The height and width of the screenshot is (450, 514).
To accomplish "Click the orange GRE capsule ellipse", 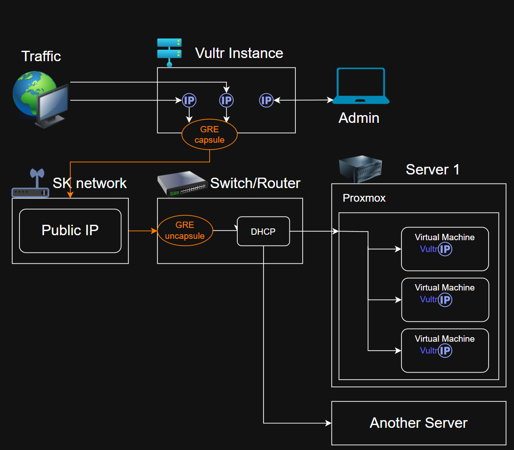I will [x=210, y=135].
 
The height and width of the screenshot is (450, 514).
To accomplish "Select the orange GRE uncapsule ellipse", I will [x=185, y=231].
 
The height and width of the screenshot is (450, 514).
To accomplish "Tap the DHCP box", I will [x=263, y=232].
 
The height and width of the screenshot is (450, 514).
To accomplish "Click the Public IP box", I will [x=70, y=231].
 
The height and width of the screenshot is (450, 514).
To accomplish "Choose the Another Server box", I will [x=418, y=423].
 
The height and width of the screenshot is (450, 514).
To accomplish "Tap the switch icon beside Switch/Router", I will [x=181, y=183].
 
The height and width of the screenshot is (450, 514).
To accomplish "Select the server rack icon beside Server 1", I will [x=361, y=166].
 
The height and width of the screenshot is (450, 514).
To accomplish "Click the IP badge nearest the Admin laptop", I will [x=266, y=100].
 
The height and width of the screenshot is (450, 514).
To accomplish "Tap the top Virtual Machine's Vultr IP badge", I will [x=445, y=249].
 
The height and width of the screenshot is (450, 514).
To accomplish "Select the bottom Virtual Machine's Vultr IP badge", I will [x=445, y=350].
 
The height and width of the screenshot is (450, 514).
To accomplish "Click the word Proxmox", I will [x=364, y=198].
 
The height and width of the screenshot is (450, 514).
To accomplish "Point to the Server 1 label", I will [x=432, y=169].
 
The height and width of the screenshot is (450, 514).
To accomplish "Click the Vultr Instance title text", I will [x=239, y=53].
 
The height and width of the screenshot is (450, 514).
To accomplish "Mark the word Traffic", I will [x=41, y=56].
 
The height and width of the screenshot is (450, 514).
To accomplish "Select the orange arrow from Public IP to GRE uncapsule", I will [x=143, y=231].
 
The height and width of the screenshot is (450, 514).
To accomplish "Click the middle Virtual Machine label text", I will [x=445, y=287].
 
